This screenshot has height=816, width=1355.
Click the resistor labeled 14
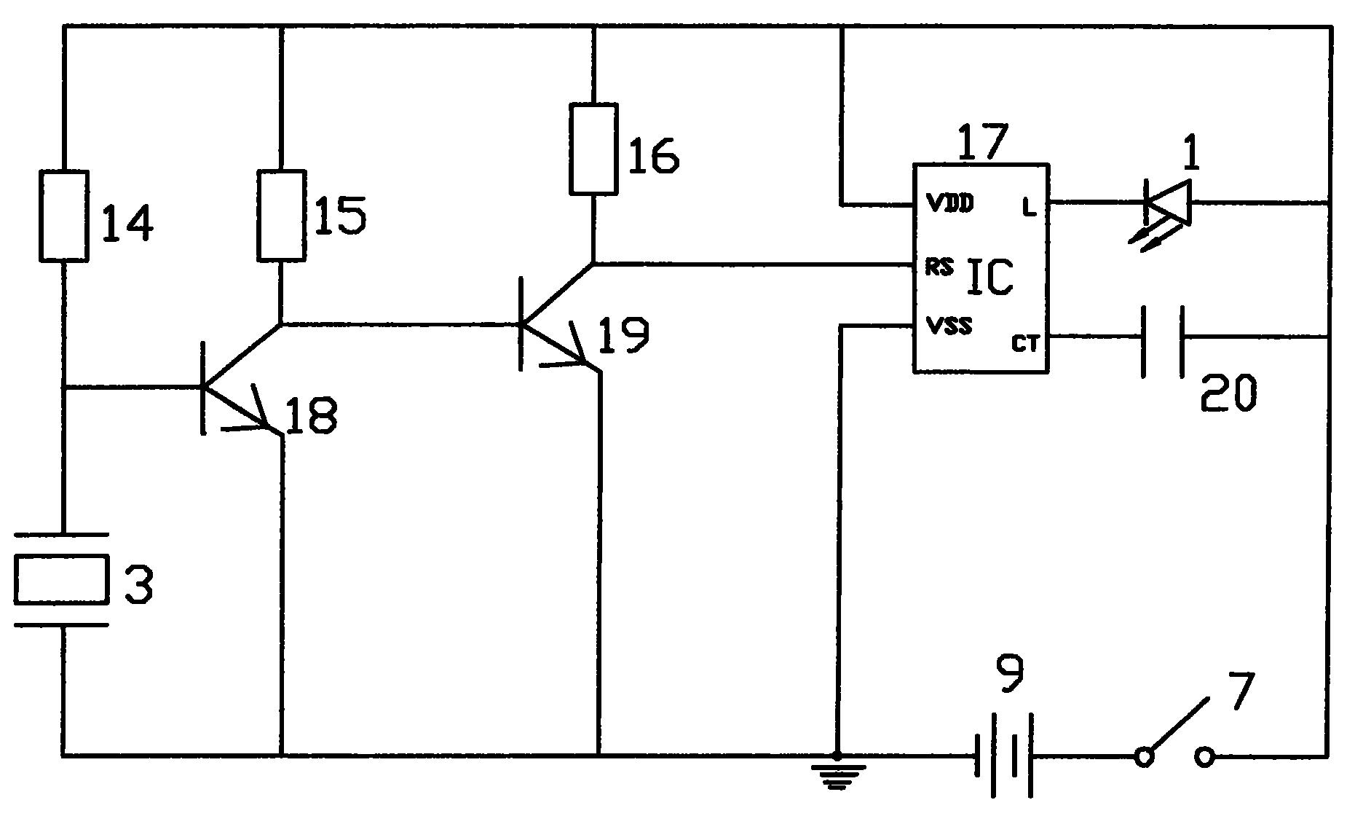pyautogui.click(x=64, y=216)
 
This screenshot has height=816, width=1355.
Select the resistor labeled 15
pyautogui.click(x=281, y=215)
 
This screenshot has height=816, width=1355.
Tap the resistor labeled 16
pyautogui.click(x=594, y=149)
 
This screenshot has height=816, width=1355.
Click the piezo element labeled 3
pyautogui.click(x=62, y=579)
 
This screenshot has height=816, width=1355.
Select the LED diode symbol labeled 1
pyautogui.click(x=1164, y=212)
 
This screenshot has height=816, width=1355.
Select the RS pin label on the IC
pyautogui.click(x=939, y=267)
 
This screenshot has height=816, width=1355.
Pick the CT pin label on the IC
pyautogui.click(x=1024, y=344)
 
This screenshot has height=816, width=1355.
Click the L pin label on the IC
pyautogui.click(x=1029, y=208)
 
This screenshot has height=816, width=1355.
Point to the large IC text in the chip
pyautogui.click(x=989, y=278)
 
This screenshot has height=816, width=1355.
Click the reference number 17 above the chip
pyautogui.click(x=982, y=142)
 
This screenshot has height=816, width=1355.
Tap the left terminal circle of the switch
pyautogui.click(x=1145, y=758)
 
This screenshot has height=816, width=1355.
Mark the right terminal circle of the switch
pyautogui.click(x=1205, y=758)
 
